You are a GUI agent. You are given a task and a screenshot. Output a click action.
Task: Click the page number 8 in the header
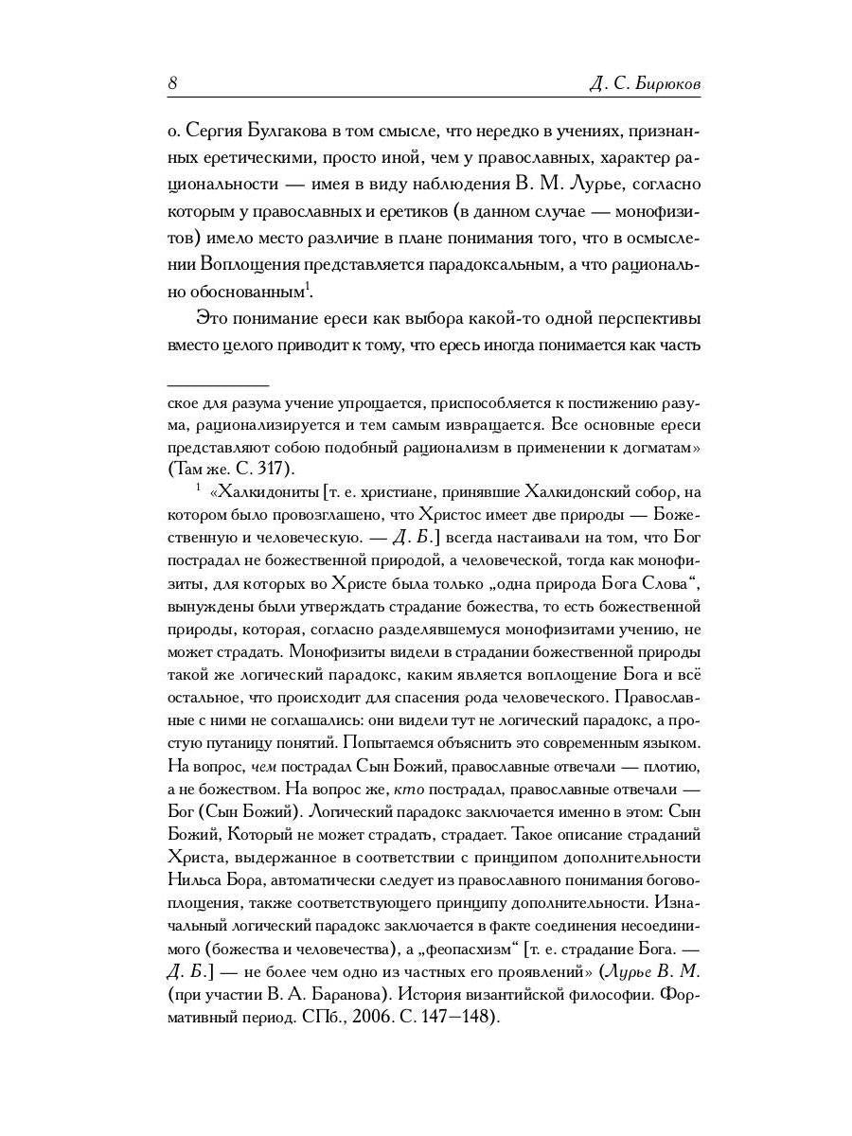[172, 83]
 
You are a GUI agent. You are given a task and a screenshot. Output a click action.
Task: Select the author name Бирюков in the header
[667, 84]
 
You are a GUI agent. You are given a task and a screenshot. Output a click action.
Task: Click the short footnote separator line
[218, 385]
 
